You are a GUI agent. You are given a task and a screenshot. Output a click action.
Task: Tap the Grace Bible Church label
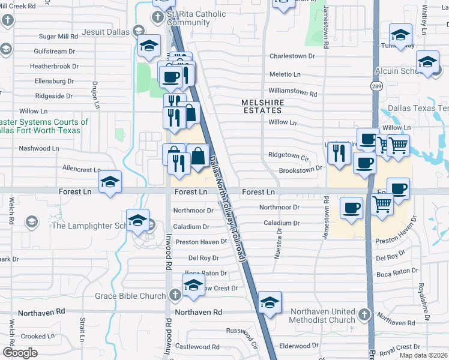[130, 296]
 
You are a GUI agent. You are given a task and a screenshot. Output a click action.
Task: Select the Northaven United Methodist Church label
[323, 316]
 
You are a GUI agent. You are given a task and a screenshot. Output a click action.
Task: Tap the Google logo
[20, 353]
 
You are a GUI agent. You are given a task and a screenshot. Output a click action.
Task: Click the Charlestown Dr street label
[292, 56]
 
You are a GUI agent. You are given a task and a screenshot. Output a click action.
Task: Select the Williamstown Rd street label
[292, 93]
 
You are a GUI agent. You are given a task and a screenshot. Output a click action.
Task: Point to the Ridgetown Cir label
[288, 155]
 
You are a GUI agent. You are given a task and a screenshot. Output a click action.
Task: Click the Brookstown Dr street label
[301, 169]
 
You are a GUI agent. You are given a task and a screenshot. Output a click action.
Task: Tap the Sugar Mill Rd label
[58, 36]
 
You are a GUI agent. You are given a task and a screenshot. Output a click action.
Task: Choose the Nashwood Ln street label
[39, 148]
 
